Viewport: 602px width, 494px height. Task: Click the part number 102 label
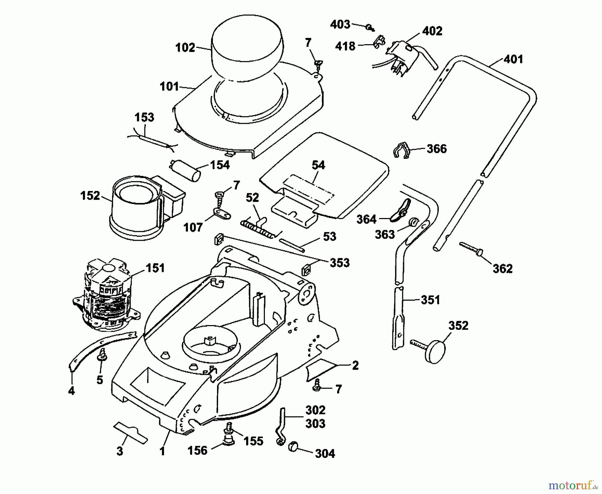click(x=185, y=47)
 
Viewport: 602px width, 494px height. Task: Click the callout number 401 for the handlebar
click(x=513, y=59)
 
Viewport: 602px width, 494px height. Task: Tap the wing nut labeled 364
click(x=400, y=212)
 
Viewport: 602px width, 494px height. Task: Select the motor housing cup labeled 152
click(x=140, y=207)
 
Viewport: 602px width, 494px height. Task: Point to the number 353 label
click(x=339, y=263)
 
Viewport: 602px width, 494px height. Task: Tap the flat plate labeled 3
click(x=130, y=433)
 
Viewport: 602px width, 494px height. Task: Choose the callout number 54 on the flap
click(x=318, y=165)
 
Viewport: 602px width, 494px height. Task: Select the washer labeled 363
click(x=413, y=222)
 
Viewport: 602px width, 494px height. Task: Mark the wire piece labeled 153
click(x=152, y=140)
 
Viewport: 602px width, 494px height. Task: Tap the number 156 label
click(x=197, y=451)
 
